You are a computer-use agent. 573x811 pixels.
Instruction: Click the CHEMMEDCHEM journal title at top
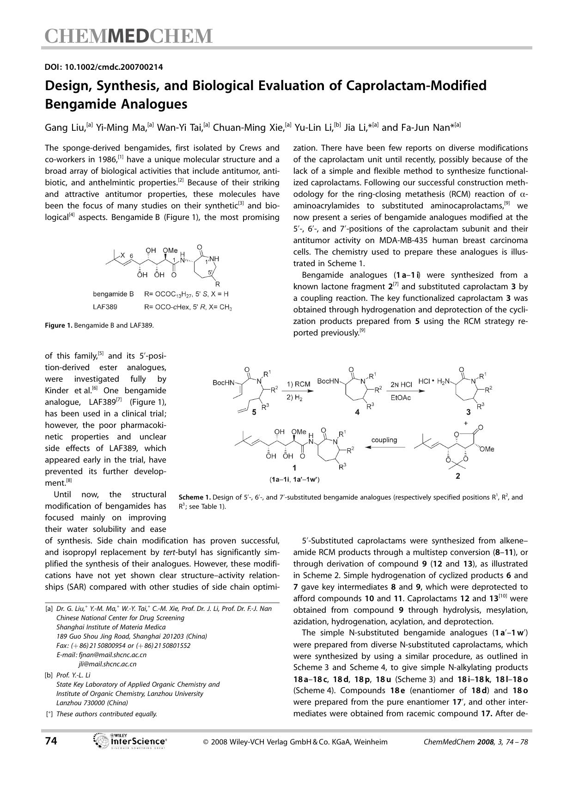128,36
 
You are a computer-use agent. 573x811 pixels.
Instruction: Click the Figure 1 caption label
59,325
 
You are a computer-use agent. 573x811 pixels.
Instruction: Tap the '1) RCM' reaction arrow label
299,384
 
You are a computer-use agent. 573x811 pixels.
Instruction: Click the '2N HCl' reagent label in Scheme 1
401,384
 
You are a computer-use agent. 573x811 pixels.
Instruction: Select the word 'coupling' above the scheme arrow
384,440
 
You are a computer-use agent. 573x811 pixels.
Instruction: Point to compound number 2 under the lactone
457,476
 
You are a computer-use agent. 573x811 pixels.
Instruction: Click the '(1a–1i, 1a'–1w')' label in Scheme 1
295,479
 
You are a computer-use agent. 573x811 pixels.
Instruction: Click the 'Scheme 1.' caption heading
195,497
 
